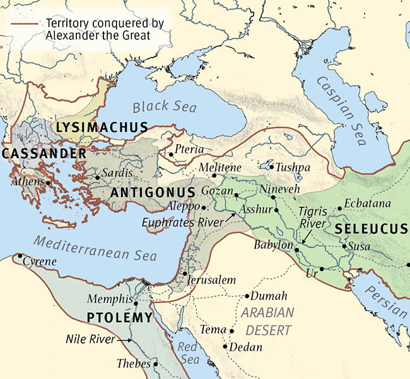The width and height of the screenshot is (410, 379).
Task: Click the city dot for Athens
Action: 48,183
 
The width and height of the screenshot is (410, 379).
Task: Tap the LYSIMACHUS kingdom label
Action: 102,128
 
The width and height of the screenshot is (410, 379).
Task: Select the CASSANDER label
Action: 44,153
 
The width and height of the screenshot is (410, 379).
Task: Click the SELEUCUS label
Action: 372,227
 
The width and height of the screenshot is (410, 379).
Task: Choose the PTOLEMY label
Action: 120,318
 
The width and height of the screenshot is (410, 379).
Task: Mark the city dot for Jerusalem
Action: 184,274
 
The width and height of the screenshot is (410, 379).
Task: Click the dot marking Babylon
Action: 296,250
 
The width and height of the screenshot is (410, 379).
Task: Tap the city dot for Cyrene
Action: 20,256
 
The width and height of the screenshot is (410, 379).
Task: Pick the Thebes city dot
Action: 155,364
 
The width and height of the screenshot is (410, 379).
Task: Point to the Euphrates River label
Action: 183,222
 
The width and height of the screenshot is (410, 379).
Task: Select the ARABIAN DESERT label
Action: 269,321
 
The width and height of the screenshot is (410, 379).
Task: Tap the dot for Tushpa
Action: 271,167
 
